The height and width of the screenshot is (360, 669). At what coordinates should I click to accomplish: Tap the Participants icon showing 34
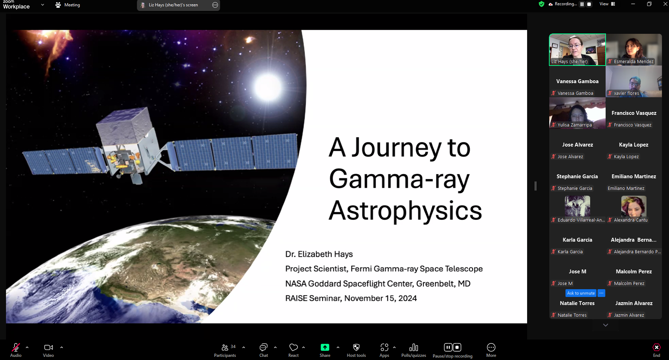coord(225,347)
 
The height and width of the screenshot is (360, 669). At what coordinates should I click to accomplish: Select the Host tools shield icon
coord(356,347)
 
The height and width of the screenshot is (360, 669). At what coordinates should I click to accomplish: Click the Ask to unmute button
coord(581,293)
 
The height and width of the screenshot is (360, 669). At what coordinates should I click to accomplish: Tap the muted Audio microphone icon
coord(16,347)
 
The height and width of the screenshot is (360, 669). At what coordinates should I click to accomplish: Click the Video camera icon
coord(49,347)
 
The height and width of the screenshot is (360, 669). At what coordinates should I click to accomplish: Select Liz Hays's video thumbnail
coord(577,50)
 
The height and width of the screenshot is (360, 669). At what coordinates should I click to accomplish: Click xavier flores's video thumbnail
coord(634,81)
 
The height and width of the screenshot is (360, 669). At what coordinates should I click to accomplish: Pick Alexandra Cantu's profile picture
coord(634,206)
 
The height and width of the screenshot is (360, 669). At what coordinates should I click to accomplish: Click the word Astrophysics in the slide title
coord(405,210)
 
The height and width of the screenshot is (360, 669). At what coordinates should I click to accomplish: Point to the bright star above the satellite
coord(268,86)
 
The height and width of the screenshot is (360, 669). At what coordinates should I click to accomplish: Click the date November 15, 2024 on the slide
coord(381,298)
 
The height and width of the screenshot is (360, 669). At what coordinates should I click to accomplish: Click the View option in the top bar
coord(607,4)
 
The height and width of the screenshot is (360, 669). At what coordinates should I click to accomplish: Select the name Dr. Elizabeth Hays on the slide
coord(319,254)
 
